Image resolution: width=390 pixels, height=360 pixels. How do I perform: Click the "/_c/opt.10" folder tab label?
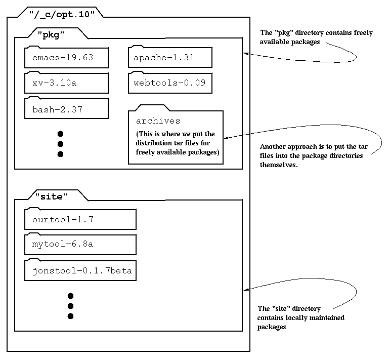62,14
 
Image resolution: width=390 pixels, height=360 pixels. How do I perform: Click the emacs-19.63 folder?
66,58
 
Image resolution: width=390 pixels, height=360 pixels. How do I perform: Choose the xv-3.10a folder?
66,83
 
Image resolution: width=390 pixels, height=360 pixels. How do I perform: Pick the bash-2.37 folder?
66,109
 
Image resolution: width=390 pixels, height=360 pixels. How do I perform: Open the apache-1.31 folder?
169,58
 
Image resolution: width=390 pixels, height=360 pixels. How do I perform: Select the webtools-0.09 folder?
169,83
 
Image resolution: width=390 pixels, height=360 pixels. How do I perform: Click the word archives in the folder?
158,121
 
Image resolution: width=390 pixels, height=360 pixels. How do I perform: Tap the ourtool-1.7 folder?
80,220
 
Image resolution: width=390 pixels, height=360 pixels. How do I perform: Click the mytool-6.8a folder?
80,244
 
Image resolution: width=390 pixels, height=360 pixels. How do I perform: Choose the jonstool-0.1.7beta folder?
80,270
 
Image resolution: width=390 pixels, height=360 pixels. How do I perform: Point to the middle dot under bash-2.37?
60,144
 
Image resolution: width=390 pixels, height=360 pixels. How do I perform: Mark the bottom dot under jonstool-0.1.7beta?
70,316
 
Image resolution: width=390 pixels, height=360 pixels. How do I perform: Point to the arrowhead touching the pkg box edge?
246,53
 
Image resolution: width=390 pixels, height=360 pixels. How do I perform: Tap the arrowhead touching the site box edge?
246,290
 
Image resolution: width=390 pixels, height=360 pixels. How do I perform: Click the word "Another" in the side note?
274,147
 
